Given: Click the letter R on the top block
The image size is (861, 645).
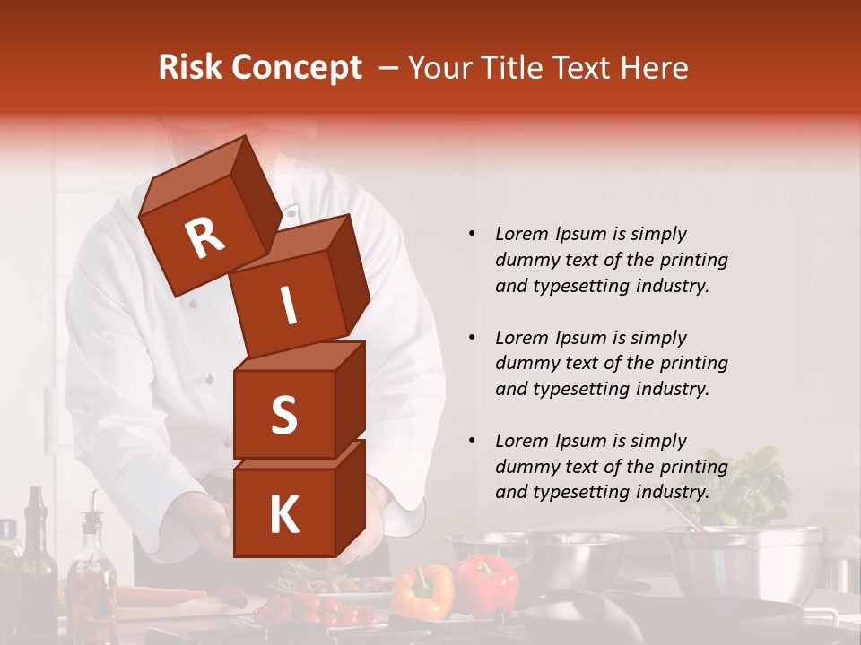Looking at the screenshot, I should (x=204, y=237).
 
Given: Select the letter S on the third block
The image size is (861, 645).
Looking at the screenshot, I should (x=283, y=415).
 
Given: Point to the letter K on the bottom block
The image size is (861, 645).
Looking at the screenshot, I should (x=283, y=515).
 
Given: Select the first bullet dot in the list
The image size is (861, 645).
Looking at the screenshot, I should (x=472, y=234).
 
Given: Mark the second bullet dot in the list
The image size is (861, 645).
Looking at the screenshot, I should (x=472, y=338).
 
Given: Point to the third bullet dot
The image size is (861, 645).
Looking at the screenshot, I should (x=472, y=441).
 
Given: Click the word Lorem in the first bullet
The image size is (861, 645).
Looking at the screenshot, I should (x=521, y=234).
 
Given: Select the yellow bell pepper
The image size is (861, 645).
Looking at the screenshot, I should (x=423, y=591).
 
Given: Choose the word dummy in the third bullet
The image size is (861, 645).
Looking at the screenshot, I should (x=526, y=467).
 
